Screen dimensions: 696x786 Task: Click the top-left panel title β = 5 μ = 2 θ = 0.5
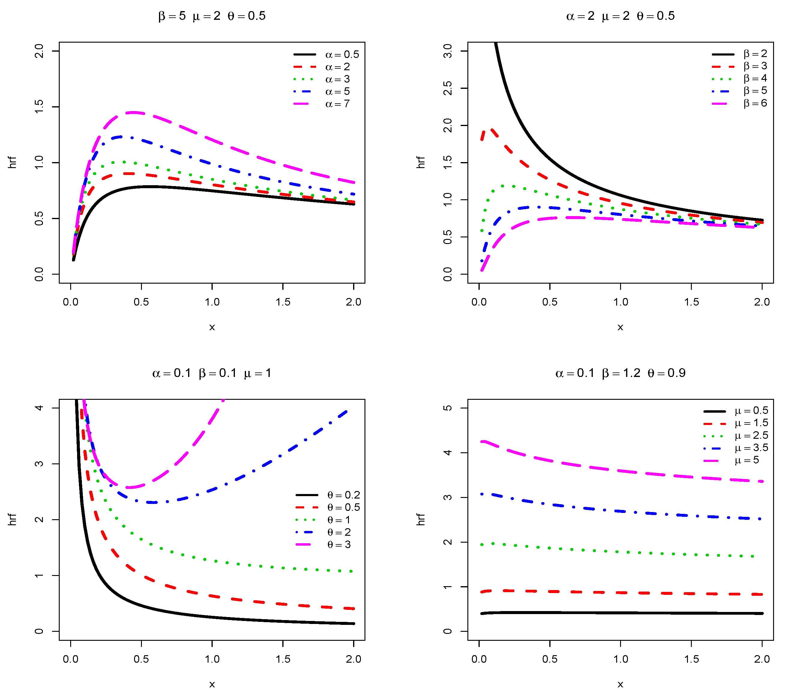coord(212,16)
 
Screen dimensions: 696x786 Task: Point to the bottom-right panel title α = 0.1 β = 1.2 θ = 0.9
coord(620,373)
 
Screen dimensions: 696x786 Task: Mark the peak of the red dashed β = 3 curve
coord(491,130)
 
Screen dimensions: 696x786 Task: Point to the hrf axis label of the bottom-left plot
coord(13,520)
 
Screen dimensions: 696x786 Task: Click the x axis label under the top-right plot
coord(620,327)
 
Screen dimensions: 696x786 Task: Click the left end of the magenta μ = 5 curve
coord(482,442)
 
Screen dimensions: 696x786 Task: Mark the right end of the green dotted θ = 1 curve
coord(352,571)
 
